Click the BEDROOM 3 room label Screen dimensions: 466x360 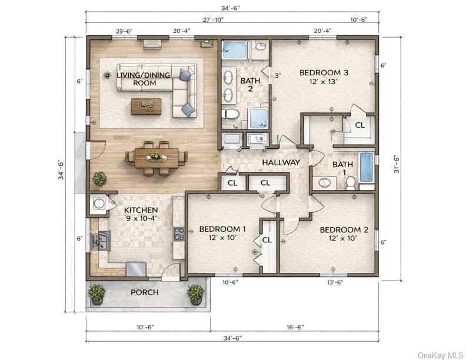click(x=324, y=72)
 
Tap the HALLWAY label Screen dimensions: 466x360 click(x=281, y=162)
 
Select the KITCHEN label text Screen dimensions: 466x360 click(x=141, y=210)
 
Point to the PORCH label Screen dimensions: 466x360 click(x=145, y=292)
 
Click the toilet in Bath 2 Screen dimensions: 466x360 click(x=230, y=114)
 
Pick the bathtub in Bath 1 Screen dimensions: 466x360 click(x=367, y=167)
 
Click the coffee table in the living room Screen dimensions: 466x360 click(x=147, y=106)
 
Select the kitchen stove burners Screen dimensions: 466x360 click(x=179, y=234)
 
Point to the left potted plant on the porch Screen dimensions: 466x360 click(x=97, y=294)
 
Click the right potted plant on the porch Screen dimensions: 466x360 click(x=195, y=294)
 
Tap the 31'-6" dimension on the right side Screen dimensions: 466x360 click(x=397, y=165)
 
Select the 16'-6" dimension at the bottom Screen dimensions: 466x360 click(x=295, y=327)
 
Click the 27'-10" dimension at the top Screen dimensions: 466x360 click(x=213, y=19)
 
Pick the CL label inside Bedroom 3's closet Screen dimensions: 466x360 click(x=360, y=125)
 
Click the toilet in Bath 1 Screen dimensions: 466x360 click(x=351, y=182)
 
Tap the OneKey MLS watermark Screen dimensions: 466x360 click(x=441, y=355)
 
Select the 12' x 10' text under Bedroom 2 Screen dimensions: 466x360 click(x=343, y=238)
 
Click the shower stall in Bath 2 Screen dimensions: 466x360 click(x=258, y=118)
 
